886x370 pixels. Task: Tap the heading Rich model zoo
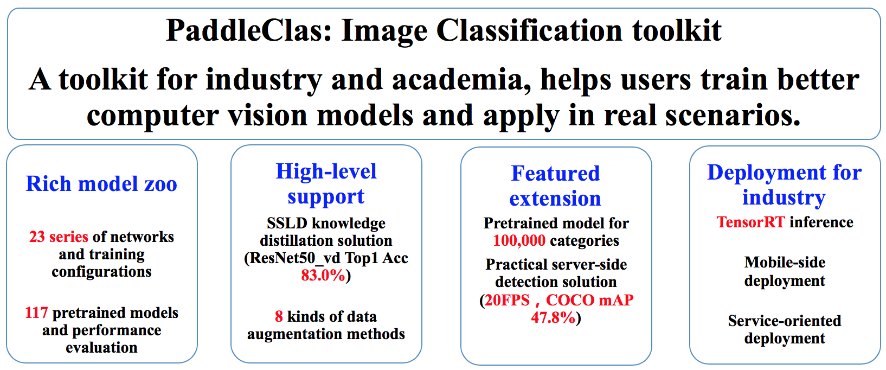(101, 184)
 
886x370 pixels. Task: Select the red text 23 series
(59, 237)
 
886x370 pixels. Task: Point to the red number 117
(36, 312)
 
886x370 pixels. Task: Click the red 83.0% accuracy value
(323, 275)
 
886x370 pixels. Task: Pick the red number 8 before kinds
(279, 317)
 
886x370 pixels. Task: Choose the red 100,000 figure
(519, 240)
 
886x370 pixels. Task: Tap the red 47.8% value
(553, 318)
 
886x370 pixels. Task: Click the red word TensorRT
(751, 222)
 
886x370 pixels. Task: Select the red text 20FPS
(507, 301)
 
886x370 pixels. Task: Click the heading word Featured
(556, 173)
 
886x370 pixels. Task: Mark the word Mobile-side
(785, 262)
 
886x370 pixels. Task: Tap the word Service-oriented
(785, 321)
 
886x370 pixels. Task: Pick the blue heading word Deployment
(758, 173)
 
